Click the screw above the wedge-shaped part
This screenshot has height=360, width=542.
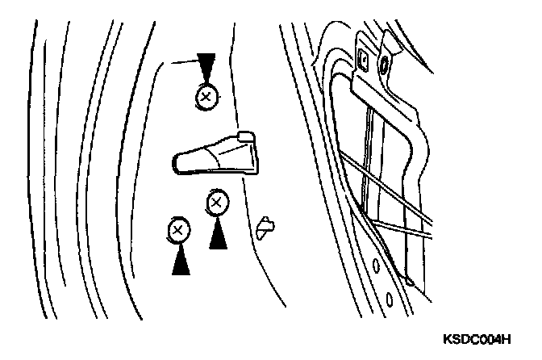(206, 98)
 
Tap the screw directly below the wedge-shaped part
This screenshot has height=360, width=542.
(216, 202)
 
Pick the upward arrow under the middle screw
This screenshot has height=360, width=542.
(216, 234)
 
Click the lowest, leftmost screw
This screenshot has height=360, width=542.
(178, 231)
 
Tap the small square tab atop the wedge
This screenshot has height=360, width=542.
(247, 136)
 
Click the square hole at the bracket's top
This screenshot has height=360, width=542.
(361, 57)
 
